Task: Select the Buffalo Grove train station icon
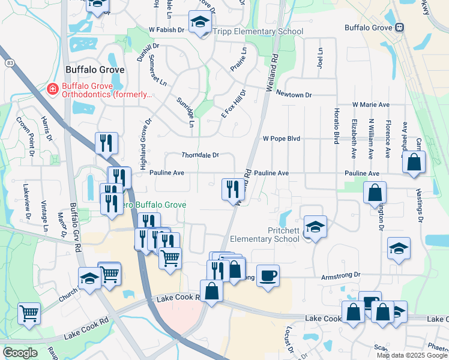coord(399,28)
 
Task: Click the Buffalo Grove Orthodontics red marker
coord(53,89)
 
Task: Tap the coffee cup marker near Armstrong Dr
coord(268,275)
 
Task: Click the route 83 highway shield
coord(10,62)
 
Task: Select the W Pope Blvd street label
coord(282,139)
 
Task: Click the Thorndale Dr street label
coord(200,155)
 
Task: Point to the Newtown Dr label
coord(294,95)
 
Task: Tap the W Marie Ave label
coord(372,104)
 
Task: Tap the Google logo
coord(20,353)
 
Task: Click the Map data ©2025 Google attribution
coord(411,355)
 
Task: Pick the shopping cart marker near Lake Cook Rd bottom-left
coord(29,313)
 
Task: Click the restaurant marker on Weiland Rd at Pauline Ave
coord(231,189)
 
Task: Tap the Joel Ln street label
coord(320,58)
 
